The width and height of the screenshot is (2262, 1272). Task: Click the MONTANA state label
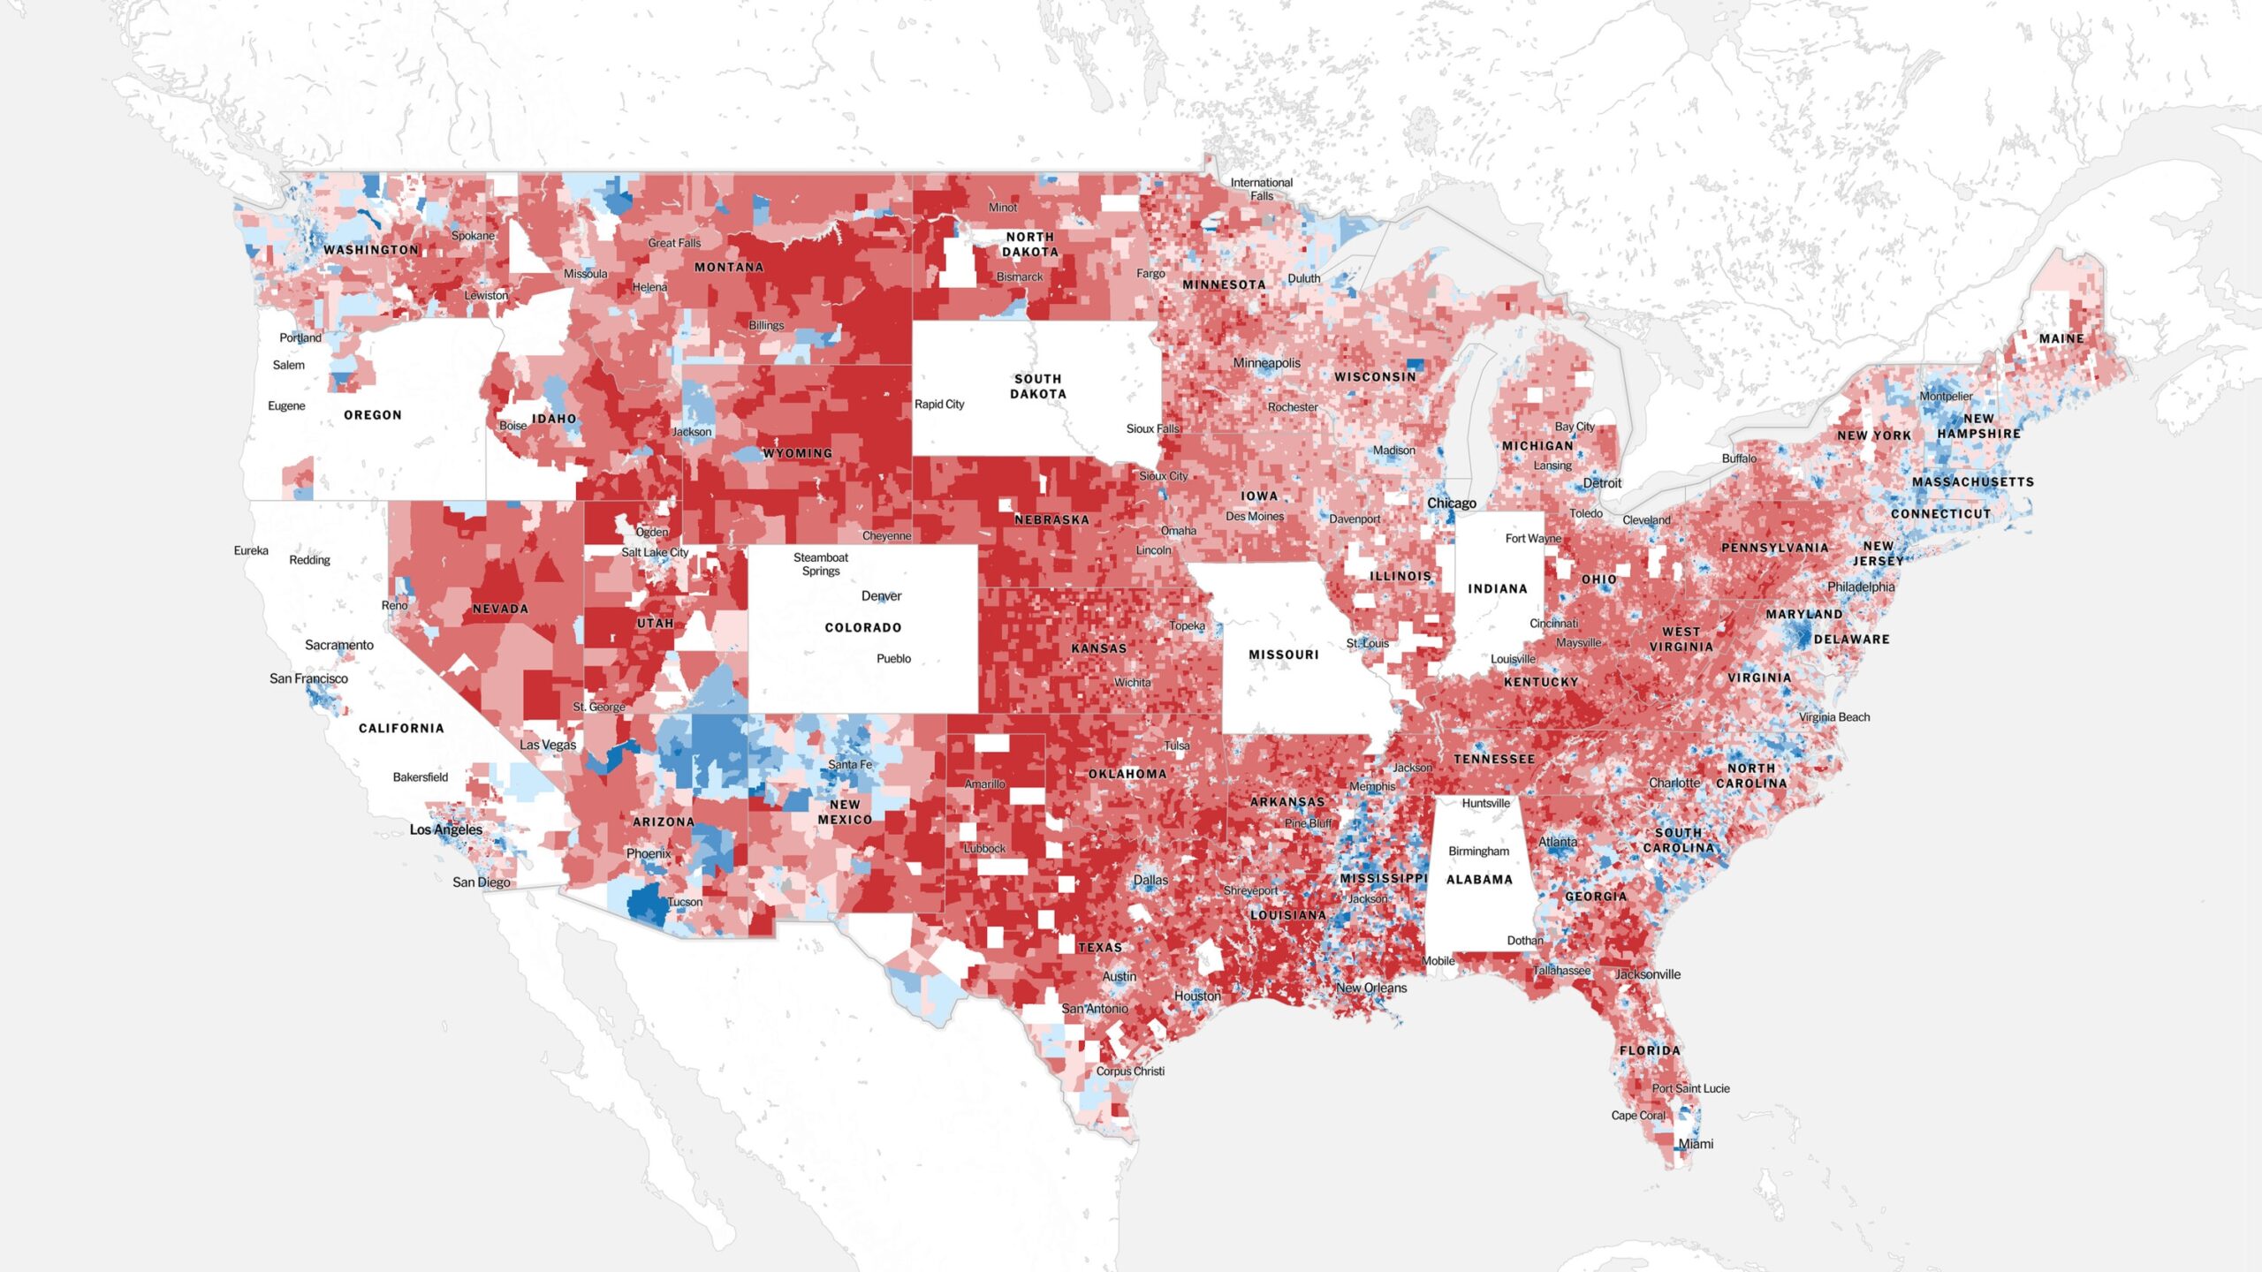pos(729,267)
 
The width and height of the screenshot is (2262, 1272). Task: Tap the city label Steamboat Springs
pos(821,564)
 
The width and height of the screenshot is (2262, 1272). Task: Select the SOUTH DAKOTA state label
pos(1038,386)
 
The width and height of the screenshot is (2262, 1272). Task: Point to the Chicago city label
pos(1451,503)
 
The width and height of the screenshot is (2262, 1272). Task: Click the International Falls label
pos(1261,189)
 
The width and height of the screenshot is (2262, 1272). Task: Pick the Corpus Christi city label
pos(1130,1071)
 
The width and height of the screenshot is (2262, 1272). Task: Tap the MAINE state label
pos(2061,338)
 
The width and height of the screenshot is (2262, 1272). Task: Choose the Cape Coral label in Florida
pos(1638,1115)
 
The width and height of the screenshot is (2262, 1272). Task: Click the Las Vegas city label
pos(548,745)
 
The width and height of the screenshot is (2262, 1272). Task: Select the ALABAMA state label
pos(1479,879)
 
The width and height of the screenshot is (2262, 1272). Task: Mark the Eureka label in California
pos(251,550)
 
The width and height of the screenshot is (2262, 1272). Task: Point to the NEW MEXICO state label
pos(845,812)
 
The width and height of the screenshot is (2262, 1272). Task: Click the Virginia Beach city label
pos(1834,716)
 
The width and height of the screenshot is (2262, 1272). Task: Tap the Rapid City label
pos(939,404)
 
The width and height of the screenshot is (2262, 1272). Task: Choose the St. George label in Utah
pos(599,707)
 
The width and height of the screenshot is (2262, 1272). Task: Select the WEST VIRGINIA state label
pos(1681,639)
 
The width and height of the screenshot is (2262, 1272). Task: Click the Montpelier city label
pos(1946,396)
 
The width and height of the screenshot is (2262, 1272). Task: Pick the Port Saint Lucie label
pos(1690,1088)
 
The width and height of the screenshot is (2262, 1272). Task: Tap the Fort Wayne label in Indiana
pos(1533,538)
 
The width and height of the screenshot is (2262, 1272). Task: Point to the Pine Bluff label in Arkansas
pos(1309,823)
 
